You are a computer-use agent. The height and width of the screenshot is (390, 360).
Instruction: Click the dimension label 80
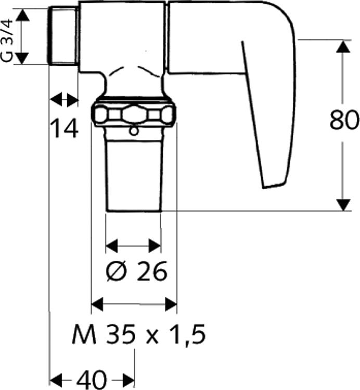click(344, 121)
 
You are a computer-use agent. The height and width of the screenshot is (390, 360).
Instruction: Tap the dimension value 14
click(64, 128)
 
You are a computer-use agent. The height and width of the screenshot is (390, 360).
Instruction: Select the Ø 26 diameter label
click(136, 270)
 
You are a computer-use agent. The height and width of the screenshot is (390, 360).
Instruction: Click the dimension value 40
click(92, 378)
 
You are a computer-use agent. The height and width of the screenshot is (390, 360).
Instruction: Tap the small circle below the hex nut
click(134, 132)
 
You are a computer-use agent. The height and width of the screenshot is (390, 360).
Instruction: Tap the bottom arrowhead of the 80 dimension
click(343, 204)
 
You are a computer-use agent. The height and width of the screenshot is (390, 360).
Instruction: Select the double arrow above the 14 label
click(64, 99)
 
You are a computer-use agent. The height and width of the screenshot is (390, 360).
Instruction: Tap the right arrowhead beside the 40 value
click(128, 378)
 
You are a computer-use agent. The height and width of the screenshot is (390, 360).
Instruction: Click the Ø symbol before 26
click(115, 270)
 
